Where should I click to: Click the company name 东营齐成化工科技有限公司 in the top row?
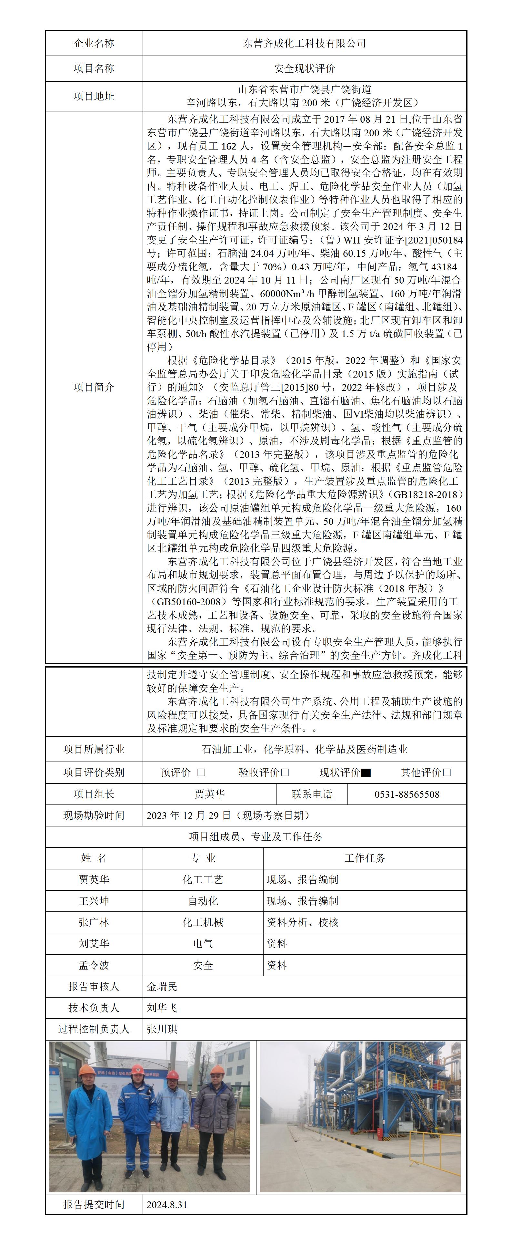click(304, 44)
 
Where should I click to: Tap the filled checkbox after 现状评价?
click(366, 772)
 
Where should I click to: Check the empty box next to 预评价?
click(201, 772)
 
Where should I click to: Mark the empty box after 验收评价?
click(285, 772)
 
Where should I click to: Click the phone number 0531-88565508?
click(407, 794)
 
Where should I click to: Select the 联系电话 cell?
click(312, 794)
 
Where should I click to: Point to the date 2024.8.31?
click(167, 1204)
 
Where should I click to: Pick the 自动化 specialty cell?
click(203, 901)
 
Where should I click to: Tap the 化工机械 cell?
click(203, 922)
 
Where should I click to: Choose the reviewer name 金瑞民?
click(162, 986)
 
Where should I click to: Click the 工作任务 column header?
click(365, 858)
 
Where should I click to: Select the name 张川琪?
click(162, 1029)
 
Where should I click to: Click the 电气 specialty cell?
click(203, 943)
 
